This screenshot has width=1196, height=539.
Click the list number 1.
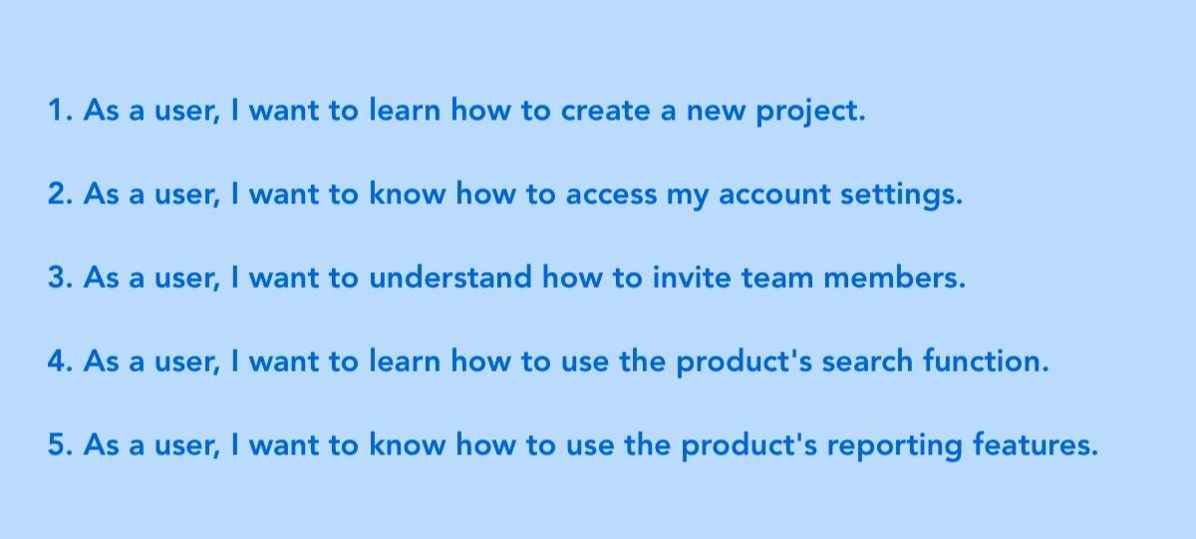coord(58,111)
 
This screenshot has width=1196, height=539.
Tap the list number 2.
coord(59,194)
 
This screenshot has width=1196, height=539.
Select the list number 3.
coord(59,278)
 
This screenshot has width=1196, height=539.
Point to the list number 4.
coord(59,362)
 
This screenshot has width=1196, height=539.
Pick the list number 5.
coord(59,445)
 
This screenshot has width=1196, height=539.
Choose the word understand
coord(450,278)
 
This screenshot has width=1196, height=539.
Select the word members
coord(893,278)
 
